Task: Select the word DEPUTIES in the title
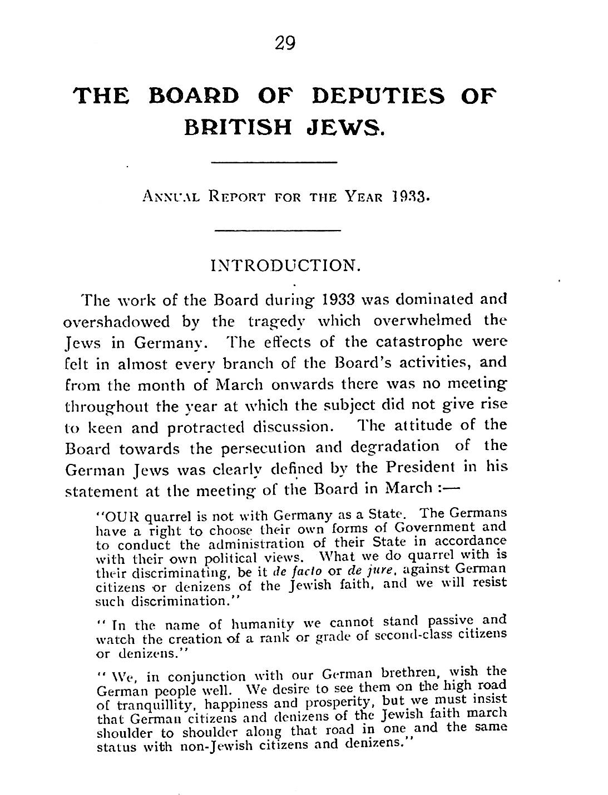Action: coord(379,96)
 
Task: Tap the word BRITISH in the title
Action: coord(239,128)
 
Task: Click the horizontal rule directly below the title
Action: coord(275,162)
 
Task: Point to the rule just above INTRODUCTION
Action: coord(277,230)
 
